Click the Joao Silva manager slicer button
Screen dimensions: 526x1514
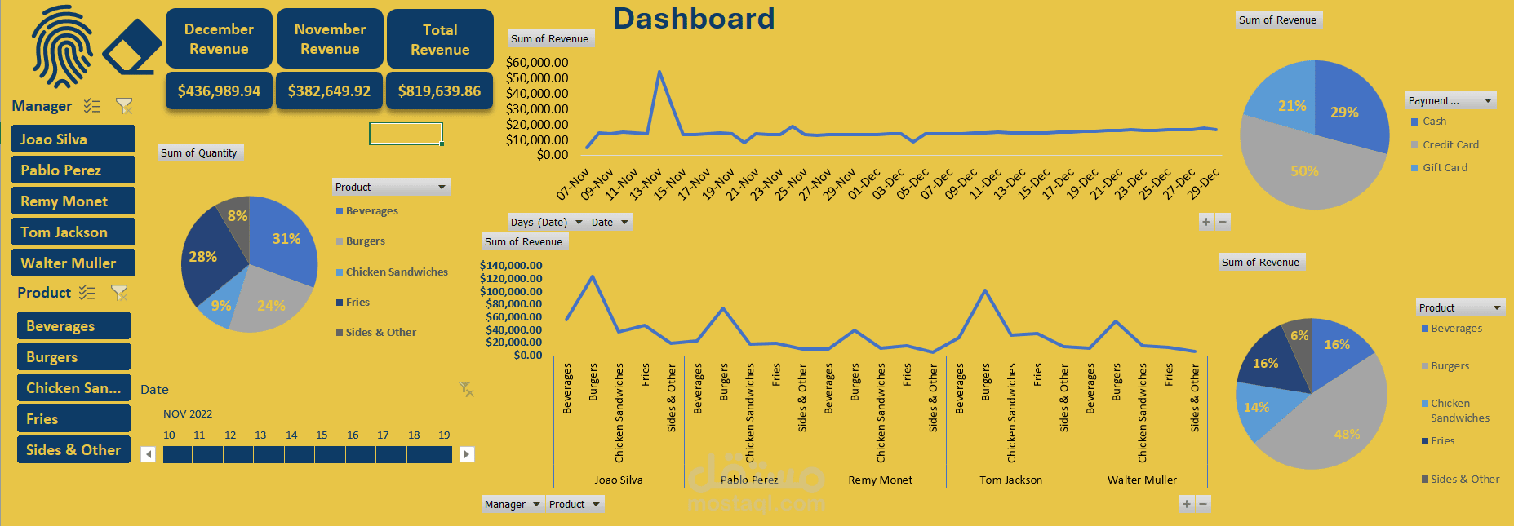pyautogui.click(x=73, y=139)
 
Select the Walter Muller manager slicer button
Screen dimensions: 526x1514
pyautogui.click(x=73, y=263)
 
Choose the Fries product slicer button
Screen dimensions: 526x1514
pyautogui.click(x=73, y=418)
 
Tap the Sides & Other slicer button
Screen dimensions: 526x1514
pyautogui.click(x=73, y=449)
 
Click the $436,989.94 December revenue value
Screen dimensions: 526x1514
pyautogui.click(x=219, y=91)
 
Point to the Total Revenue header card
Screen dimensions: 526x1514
pyautogui.click(x=440, y=39)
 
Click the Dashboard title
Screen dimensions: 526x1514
pyautogui.click(x=694, y=18)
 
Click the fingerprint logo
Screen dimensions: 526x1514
pyautogui.click(x=62, y=46)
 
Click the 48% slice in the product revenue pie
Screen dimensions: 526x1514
pyautogui.click(x=1339, y=424)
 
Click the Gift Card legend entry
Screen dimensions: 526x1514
pyautogui.click(x=1445, y=167)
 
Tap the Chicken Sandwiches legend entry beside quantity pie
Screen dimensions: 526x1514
pyautogui.click(x=396, y=272)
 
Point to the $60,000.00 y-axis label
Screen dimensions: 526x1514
pyautogui.click(x=537, y=62)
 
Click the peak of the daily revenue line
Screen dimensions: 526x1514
pyautogui.click(x=659, y=72)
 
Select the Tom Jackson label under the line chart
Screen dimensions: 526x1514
pyautogui.click(x=1010, y=480)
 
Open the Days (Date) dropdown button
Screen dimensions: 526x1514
pyautogui.click(x=579, y=222)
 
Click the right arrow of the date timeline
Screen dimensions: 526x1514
pyautogui.click(x=467, y=454)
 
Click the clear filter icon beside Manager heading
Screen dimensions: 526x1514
pyautogui.click(x=124, y=106)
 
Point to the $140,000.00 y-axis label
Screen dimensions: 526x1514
pyautogui.click(x=511, y=265)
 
